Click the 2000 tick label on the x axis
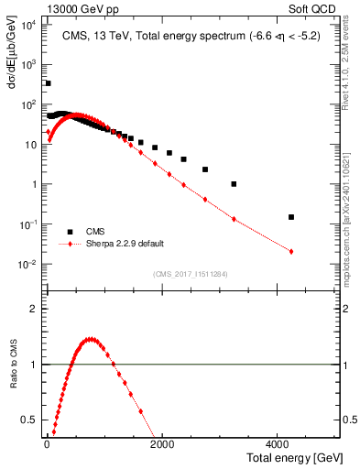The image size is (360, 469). coord(162,445)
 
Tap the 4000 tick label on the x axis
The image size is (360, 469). coord(278,445)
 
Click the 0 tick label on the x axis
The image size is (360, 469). coord(46,445)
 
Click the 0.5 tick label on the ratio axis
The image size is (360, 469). coord(29,420)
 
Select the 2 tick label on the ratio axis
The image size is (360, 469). coord(35,309)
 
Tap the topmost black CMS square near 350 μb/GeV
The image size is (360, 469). coord(48,83)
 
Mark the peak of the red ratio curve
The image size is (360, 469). coord(90,339)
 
